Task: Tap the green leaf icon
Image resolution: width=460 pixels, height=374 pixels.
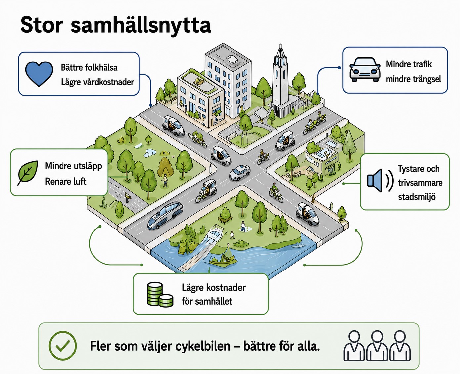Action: coord(28,173)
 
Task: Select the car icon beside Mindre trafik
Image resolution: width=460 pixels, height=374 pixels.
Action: coord(365,69)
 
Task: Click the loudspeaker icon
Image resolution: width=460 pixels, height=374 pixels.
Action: coord(380,181)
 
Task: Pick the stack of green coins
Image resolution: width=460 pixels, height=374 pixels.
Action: coord(160,295)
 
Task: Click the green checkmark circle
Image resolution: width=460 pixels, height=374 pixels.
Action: coord(63,346)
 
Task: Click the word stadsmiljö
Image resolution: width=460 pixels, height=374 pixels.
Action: coord(417,197)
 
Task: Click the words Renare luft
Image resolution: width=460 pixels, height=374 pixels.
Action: coord(65,182)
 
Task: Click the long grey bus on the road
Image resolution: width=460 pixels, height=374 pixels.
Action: coord(165,216)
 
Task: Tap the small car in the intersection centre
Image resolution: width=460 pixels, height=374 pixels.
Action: coord(239,172)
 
